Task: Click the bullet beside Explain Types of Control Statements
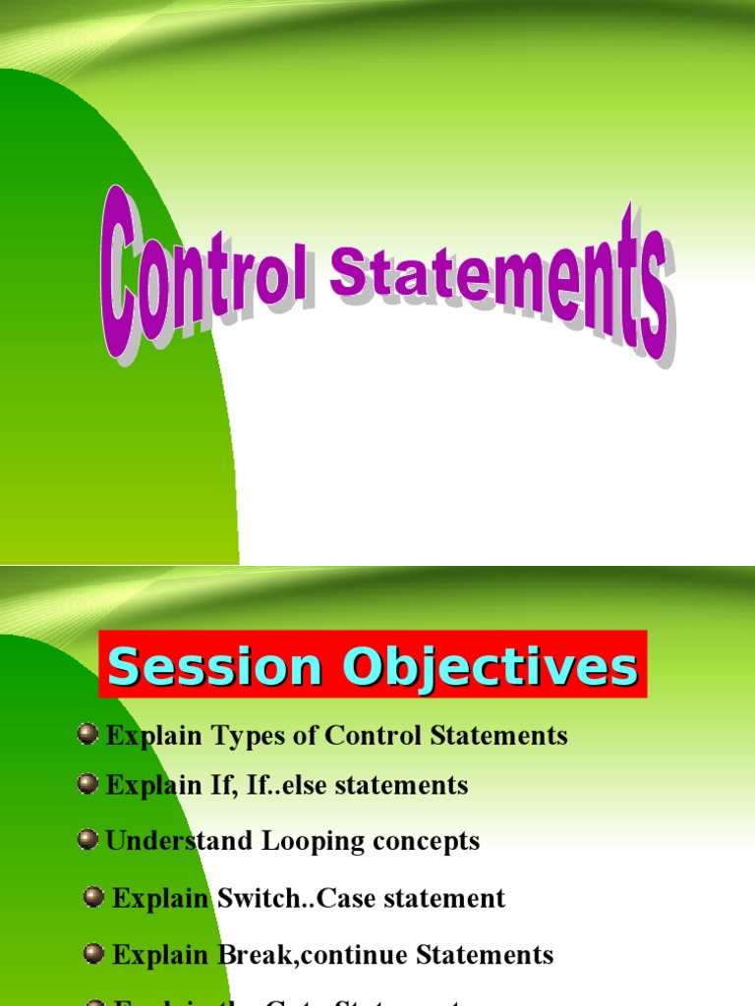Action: coord(88,734)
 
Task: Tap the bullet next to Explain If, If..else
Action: coord(88,784)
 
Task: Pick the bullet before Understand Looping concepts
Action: coord(88,840)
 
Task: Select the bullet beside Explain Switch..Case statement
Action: coord(94,897)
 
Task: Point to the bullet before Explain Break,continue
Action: coord(94,953)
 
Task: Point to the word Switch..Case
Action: coord(296,898)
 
